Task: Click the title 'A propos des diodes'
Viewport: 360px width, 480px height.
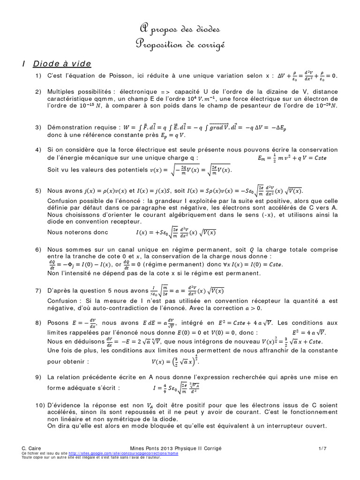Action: (180, 30)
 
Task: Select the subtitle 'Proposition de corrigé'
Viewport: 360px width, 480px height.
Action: (180, 45)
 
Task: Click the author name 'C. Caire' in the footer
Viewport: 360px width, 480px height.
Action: (32, 449)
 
